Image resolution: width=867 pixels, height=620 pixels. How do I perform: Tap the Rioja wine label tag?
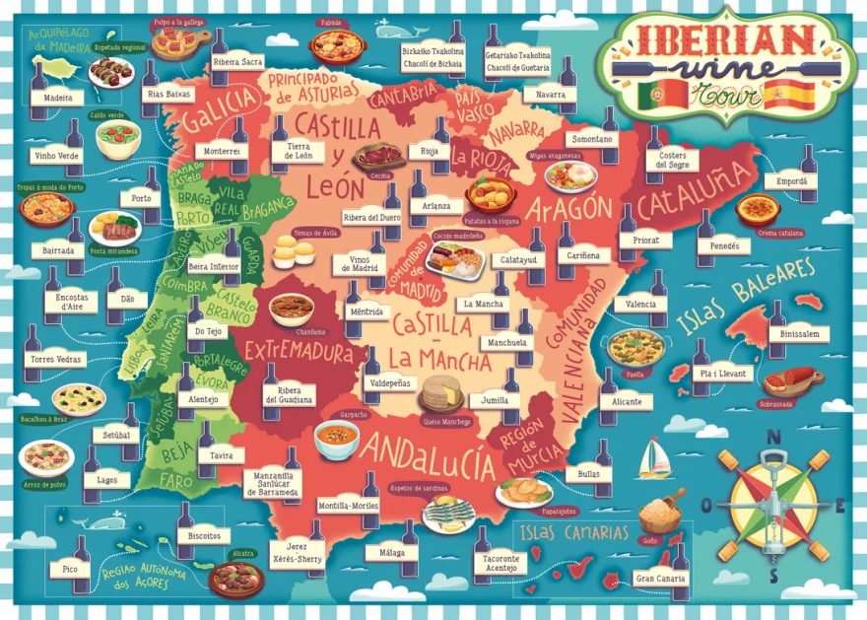[x=429, y=152]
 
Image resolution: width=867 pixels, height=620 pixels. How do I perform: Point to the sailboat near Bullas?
[x=654, y=458]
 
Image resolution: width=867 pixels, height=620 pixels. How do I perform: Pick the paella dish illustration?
[x=635, y=347]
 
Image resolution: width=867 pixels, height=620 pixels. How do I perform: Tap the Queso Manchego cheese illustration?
[x=441, y=393]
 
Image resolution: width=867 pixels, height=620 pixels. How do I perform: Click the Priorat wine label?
[x=646, y=240]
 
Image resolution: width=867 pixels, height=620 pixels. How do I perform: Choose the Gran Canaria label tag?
[x=660, y=579]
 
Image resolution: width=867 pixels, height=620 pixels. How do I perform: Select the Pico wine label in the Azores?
[x=69, y=570]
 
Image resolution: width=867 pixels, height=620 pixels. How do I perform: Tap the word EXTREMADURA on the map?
[x=299, y=351]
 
